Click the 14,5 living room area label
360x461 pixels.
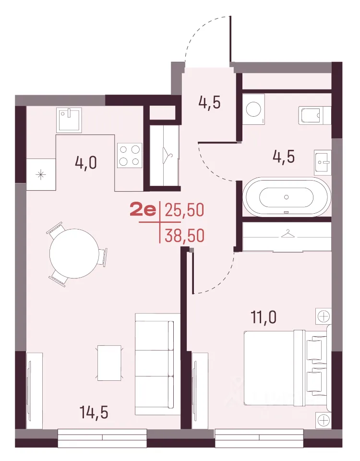(94, 412)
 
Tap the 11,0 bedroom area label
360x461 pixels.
(264, 317)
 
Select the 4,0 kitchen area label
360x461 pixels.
(86, 163)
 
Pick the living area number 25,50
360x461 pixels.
(184, 210)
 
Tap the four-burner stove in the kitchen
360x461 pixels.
(130, 155)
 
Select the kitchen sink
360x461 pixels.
(69, 120)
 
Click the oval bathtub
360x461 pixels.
(287, 197)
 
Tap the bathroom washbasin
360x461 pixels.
(323, 161)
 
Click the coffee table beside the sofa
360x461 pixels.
(109, 363)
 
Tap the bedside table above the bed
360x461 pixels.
(324, 316)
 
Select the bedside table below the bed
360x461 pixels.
(324, 420)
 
